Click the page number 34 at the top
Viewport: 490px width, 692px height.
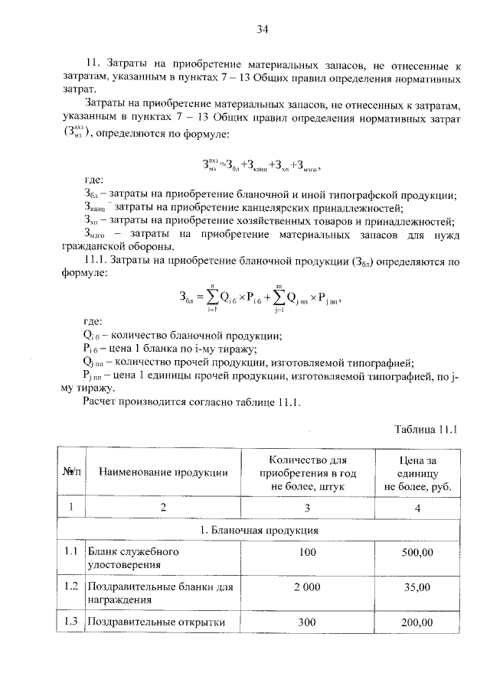(x=262, y=30)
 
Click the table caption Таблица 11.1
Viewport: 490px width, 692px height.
(x=426, y=429)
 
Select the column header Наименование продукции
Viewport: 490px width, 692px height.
(x=163, y=473)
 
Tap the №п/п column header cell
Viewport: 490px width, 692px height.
(x=70, y=473)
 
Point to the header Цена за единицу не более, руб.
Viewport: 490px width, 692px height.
(x=417, y=473)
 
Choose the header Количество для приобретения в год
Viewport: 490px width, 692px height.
(x=307, y=473)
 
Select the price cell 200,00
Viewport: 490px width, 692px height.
(x=417, y=622)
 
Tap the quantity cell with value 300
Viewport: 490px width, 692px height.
(x=307, y=622)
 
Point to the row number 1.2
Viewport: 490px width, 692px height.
(x=71, y=586)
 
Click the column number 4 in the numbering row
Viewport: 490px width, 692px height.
(x=417, y=506)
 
